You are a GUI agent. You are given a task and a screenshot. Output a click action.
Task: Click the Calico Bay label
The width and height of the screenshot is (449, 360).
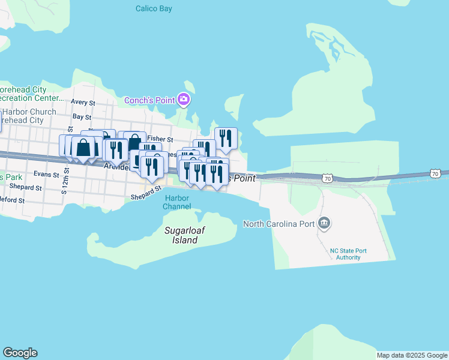tap(154, 8)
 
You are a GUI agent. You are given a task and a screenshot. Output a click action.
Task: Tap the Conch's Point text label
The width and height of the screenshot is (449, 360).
tap(149, 100)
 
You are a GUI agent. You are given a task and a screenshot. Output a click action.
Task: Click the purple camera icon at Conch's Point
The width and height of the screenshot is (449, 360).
tap(184, 100)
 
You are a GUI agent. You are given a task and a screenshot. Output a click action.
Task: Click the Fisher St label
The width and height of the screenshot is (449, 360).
tap(160, 139)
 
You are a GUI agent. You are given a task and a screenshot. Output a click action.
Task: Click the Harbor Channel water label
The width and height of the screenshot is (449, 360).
tap(178, 202)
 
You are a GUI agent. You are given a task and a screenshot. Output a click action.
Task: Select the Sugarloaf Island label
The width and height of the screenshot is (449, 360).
tap(181, 235)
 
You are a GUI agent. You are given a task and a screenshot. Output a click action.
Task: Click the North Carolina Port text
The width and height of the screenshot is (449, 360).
tap(279, 224)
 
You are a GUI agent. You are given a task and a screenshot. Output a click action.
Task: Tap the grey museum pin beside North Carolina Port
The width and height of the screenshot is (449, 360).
tap(324, 224)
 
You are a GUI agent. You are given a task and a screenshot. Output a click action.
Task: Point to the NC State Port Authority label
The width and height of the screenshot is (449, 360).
tap(348, 254)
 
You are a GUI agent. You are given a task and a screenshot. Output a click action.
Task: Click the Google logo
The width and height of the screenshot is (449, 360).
tap(20, 353)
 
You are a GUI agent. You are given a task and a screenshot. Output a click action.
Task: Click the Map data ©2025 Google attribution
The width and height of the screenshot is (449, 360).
tap(412, 355)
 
